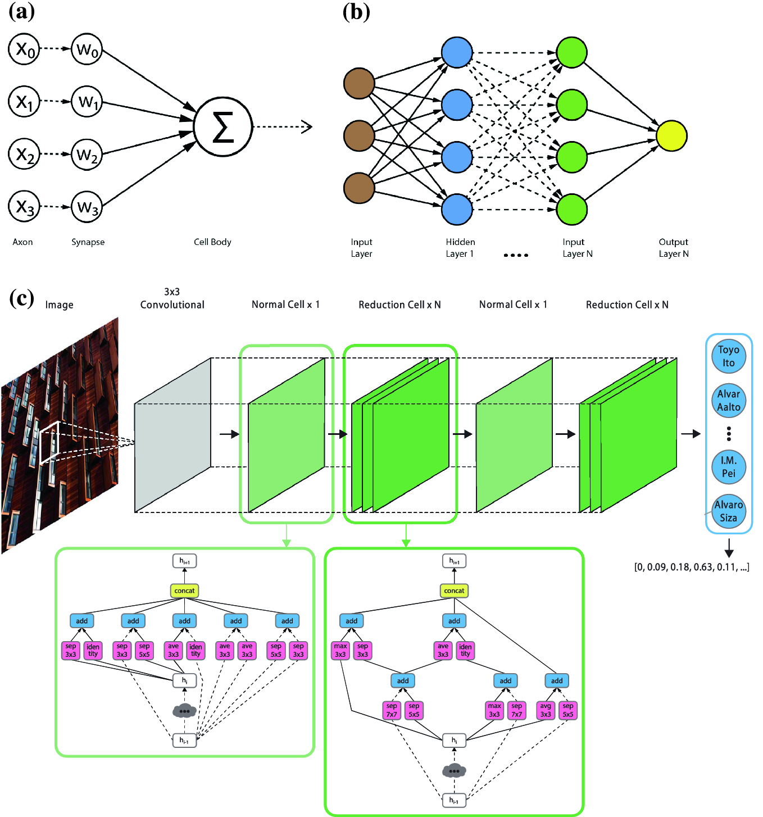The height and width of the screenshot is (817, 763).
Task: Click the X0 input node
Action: pos(24,49)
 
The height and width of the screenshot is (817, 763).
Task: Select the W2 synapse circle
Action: pos(87,154)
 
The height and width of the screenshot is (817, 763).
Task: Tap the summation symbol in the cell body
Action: pos(223,127)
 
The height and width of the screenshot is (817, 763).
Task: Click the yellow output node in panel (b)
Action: pos(671,136)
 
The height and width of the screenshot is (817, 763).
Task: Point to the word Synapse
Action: pos(88,242)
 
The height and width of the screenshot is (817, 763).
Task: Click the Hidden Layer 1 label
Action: pos(460,248)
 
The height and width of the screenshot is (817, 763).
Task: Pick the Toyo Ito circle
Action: pos(728,356)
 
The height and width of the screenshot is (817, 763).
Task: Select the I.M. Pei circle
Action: pos(728,467)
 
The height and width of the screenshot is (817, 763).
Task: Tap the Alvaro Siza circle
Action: pos(728,511)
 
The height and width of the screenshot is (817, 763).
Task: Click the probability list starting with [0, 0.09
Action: pos(691,567)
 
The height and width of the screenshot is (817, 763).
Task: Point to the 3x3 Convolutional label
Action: pos(172,298)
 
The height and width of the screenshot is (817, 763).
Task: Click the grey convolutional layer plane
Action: pos(172,435)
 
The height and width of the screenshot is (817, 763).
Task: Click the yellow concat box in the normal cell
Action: pos(184,591)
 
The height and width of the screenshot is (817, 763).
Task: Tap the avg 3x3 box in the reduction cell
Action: pos(546,710)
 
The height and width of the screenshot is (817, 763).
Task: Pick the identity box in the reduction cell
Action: pos(465,650)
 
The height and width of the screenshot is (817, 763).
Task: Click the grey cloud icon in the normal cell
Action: pos(184,711)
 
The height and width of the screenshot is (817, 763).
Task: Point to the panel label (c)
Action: pos(21,298)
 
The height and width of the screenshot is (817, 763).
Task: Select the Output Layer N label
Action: pos(673,248)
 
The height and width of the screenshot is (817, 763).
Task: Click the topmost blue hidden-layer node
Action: pos(457,52)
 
